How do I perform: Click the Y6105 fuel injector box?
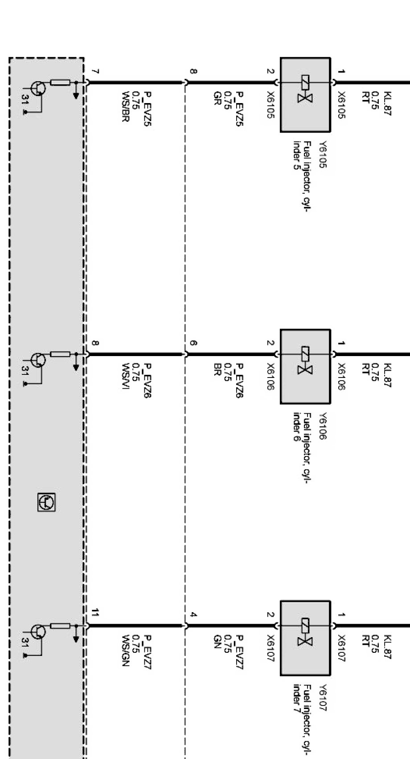305,95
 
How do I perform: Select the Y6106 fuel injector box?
305,366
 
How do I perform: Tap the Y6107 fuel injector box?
305,638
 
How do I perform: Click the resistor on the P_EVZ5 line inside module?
60,82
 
